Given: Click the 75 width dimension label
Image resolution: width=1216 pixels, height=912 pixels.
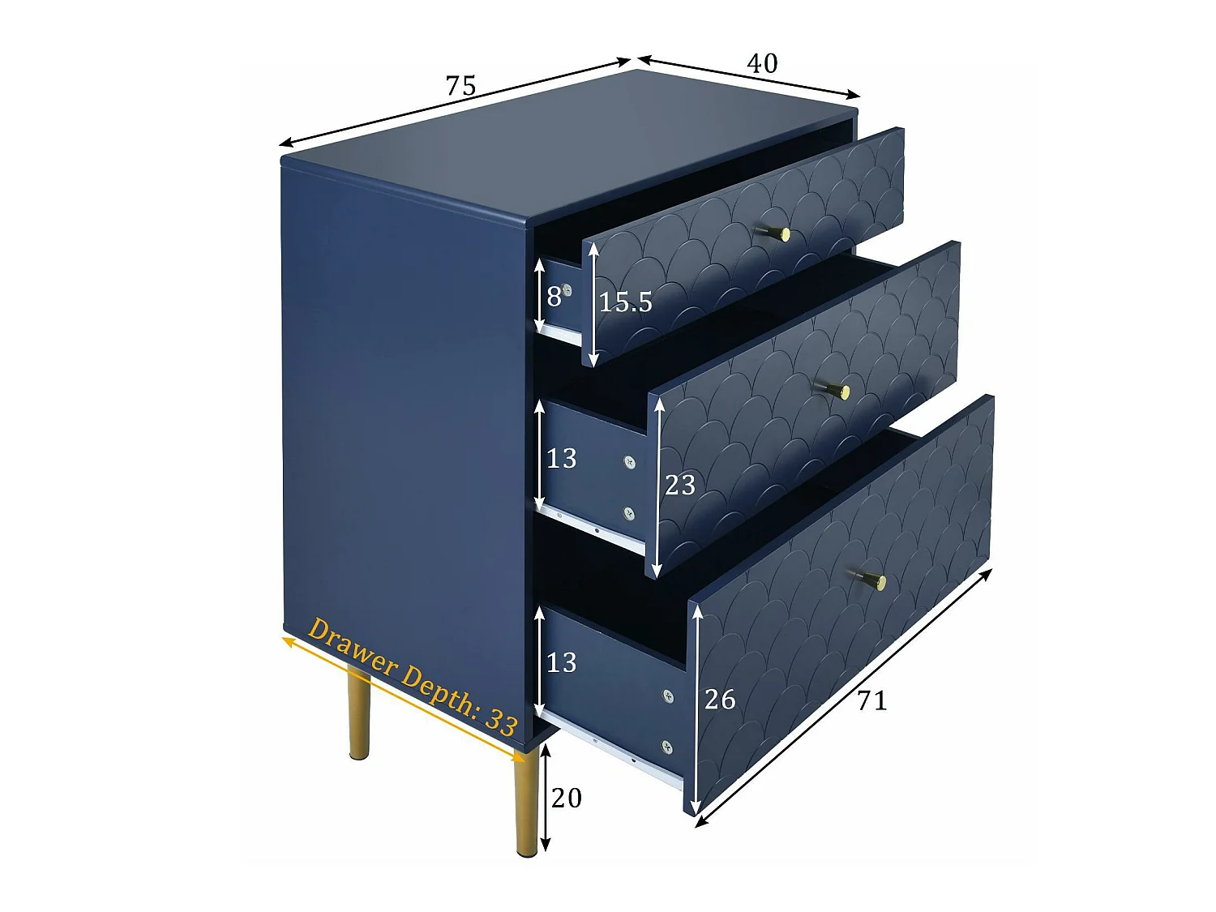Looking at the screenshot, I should pos(460,85).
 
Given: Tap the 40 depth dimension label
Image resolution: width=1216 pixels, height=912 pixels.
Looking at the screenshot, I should pos(761,63).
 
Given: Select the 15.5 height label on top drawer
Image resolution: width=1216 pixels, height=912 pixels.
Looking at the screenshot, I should pos(625,302).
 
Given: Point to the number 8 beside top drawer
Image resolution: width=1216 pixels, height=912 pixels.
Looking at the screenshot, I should pos(554,297).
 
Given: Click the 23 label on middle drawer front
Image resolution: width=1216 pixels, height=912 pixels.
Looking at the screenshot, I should pos(679,485).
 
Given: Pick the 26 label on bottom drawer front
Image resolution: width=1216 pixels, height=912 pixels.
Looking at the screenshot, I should pos(719,699).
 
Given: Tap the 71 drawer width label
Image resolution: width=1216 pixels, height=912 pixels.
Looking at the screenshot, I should pos(871,700).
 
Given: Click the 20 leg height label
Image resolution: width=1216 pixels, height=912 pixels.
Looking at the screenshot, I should pos(566,798).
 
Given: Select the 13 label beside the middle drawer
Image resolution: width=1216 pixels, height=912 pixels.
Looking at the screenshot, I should pos(561,459).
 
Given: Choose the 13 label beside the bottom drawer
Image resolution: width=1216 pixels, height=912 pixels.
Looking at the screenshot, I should pos(561,663).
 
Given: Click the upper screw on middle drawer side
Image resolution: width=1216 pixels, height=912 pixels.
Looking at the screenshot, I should pos(629,462).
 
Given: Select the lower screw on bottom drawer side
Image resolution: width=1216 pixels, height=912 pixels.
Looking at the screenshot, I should pos(666,747).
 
